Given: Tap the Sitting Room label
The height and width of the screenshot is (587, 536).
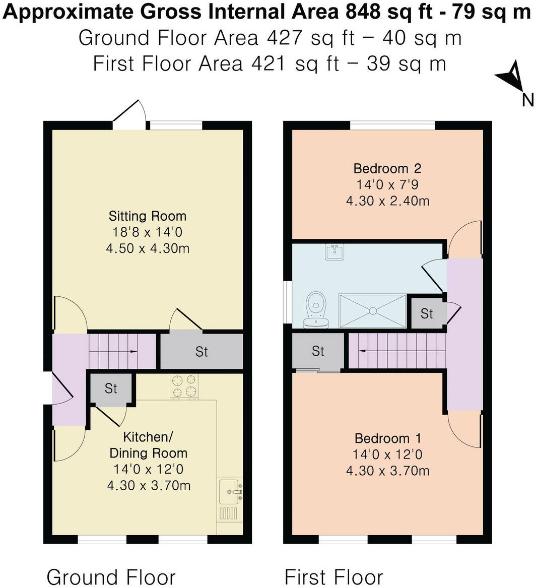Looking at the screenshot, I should point(148,217).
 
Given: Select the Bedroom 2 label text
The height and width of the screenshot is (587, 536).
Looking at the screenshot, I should point(387,168).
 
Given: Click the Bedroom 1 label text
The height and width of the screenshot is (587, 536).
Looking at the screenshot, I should point(387,438).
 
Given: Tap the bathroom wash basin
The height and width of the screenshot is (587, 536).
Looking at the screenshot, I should point(334,251).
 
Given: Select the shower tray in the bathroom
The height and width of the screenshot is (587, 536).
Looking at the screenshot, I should point(372,311).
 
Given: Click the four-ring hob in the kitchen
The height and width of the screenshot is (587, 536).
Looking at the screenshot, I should point(184,386).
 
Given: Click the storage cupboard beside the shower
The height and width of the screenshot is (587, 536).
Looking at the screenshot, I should point(427,313).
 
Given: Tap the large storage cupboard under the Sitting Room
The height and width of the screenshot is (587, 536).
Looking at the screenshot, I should point(202,351).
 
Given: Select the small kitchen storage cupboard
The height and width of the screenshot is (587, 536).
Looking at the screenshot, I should point(111,388).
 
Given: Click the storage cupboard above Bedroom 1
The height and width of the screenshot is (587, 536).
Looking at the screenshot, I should point(318,351).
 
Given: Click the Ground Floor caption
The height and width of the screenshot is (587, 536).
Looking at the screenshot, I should point(111,576).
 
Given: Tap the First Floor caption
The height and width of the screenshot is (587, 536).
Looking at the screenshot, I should point(333,576).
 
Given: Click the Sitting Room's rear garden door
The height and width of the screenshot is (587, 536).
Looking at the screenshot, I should point(129,113).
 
